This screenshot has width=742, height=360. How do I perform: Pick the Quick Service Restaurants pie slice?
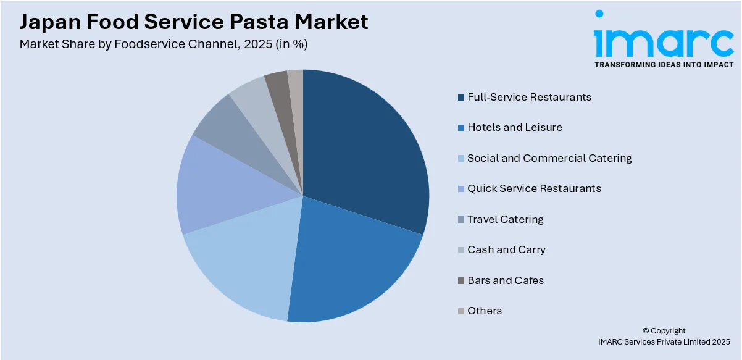216,185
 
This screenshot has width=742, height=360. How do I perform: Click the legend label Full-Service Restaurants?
529,97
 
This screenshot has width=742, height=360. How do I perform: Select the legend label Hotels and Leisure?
514,127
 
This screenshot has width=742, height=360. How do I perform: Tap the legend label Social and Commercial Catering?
549,158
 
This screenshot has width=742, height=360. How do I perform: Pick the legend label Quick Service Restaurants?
534,188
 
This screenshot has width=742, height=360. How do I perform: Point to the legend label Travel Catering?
505,219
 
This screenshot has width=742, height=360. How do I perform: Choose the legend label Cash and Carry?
506,249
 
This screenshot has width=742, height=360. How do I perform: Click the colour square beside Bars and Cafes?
461,280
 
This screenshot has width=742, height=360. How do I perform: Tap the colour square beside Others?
461,311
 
